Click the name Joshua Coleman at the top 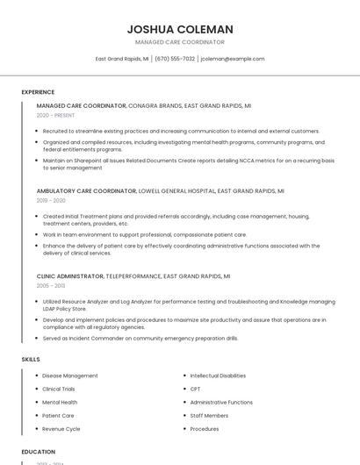(179, 29)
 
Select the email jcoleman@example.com (232, 59)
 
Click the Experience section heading (38, 92)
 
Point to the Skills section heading (31, 359)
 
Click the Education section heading (38, 452)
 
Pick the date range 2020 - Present (56, 115)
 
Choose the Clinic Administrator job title (70, 275)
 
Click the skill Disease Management (70, 376)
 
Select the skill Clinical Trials (59, 389)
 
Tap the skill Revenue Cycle (61, 429)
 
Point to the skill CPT (196, 389)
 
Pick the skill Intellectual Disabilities (218, 376)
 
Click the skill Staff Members (209, 416)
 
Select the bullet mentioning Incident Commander (140, 338)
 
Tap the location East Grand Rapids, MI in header (122, 59)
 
